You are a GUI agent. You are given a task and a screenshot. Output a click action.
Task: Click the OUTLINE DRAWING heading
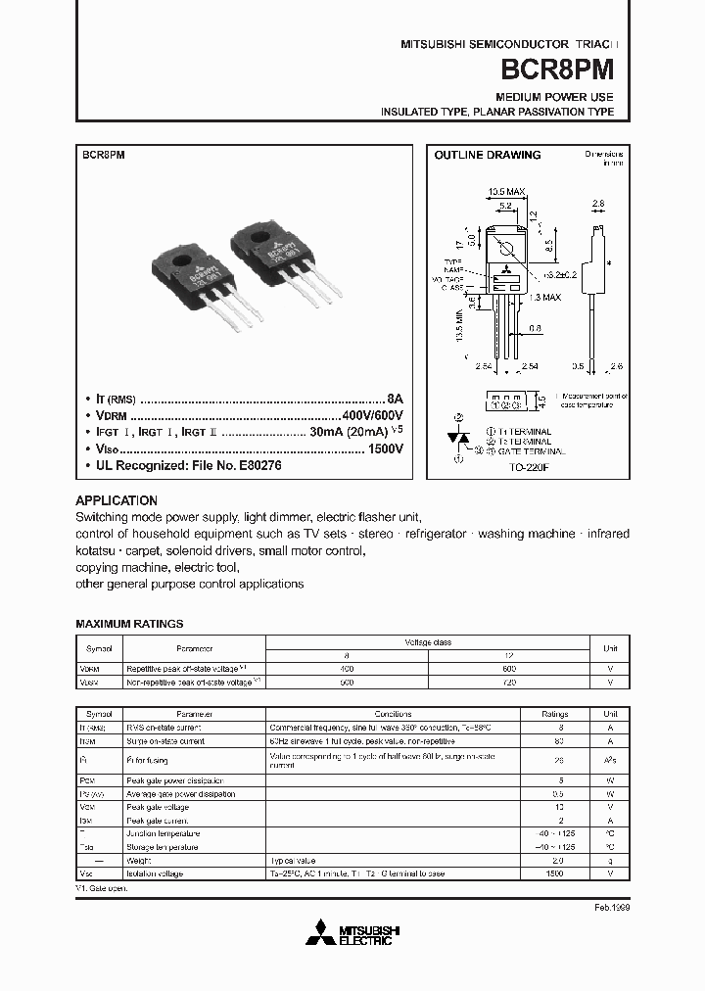(x=487, y=155)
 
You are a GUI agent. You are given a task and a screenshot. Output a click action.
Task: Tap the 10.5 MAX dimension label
(x=506, y=192)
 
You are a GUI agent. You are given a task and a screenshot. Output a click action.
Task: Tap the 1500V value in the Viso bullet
(x=386, y=448)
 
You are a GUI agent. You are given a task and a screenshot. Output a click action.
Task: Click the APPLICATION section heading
(x=116, y=499)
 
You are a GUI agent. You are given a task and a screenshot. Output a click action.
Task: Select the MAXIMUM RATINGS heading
(x=129, y=624)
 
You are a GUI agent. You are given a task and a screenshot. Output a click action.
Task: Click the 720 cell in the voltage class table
(x=509, y=680)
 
